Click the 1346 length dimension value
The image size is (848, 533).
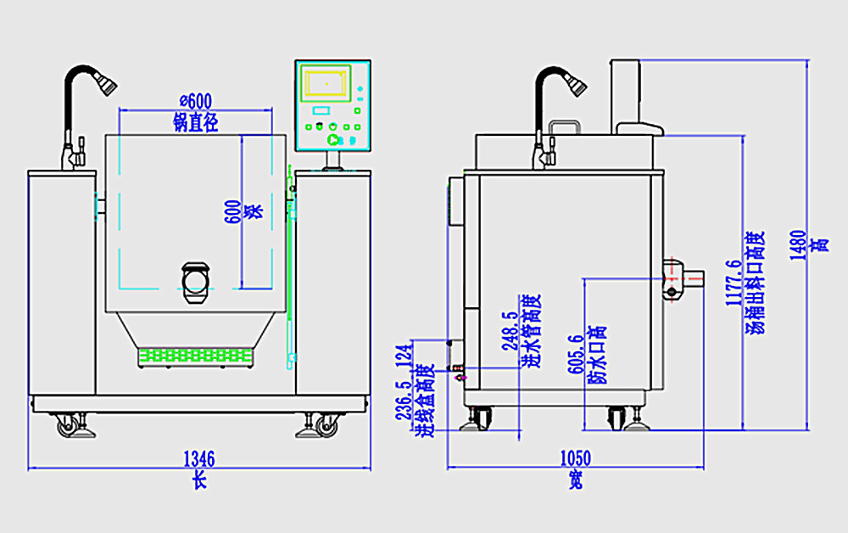pos(199,459)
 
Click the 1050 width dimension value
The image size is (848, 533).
pos(575,459)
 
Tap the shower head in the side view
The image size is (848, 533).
pos(574,83)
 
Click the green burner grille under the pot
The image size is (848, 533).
pos(196,356)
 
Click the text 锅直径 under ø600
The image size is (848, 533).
pos(196,123)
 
